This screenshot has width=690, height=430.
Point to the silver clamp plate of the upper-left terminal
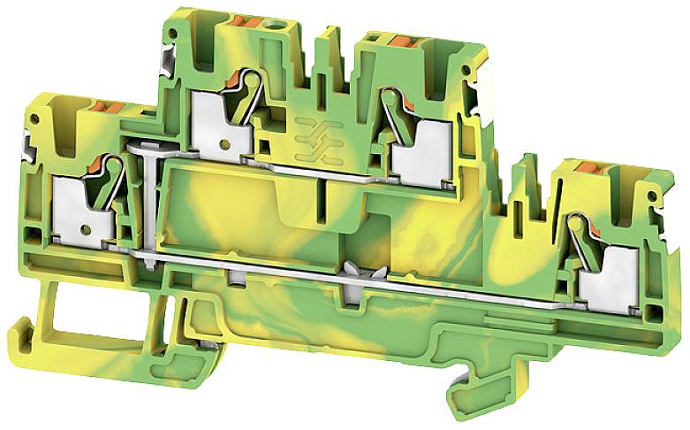[x=214, y=124]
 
